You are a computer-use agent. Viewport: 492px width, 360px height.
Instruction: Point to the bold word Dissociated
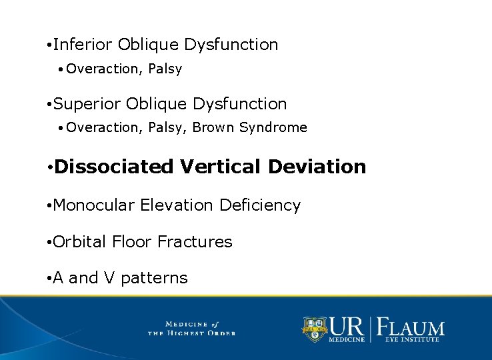coord(114,167)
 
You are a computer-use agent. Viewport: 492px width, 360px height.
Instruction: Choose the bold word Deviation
coord(317,167)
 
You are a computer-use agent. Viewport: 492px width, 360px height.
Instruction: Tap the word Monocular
coord(93,205)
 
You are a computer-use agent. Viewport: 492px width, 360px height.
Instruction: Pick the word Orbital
coord(79,242)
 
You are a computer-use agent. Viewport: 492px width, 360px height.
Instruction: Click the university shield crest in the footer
coord(315,328)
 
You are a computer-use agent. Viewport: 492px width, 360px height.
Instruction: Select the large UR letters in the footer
coord(347,326)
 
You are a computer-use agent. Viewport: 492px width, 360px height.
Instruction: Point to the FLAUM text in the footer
coord(411,327)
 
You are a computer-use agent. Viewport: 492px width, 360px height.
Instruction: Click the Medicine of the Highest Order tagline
coord(191,328)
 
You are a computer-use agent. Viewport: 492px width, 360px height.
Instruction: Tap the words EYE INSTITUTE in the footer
coord(411,340)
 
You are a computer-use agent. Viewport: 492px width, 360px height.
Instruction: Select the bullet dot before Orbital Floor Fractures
coord(49,243)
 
